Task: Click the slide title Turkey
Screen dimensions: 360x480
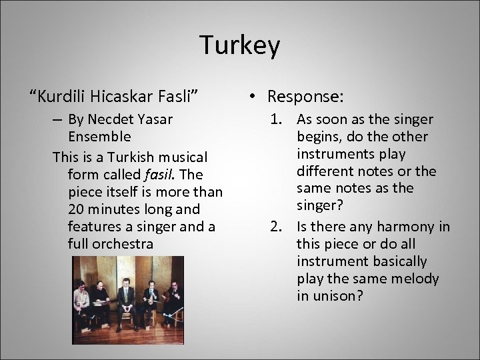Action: (240, 46)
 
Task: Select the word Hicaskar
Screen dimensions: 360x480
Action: (122, 97)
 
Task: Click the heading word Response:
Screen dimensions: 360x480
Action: (307, 97)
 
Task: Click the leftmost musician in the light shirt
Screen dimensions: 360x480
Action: (80, 303)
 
